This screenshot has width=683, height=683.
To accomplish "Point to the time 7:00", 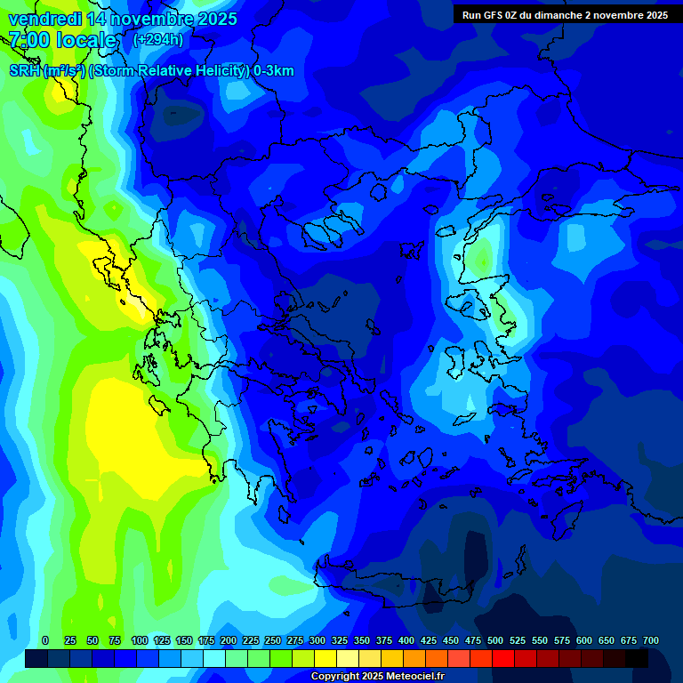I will [29, 40].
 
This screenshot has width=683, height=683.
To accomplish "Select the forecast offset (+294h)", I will [158, 40].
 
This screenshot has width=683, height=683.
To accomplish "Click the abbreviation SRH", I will [24, 71].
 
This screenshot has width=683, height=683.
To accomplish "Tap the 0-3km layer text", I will [274, 71].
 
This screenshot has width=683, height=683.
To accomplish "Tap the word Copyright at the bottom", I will [335, 677].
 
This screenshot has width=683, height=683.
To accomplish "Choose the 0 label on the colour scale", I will [45, 640].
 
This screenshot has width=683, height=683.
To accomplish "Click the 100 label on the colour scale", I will [140, 640].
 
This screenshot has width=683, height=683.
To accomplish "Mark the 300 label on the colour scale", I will [317, 640].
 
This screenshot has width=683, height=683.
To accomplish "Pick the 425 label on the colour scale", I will [429, 640].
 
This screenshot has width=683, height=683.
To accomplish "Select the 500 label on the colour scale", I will [495, 640].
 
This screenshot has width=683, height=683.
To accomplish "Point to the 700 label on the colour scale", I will [651, 640].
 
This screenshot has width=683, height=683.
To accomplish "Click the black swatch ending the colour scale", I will [637, 658].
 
